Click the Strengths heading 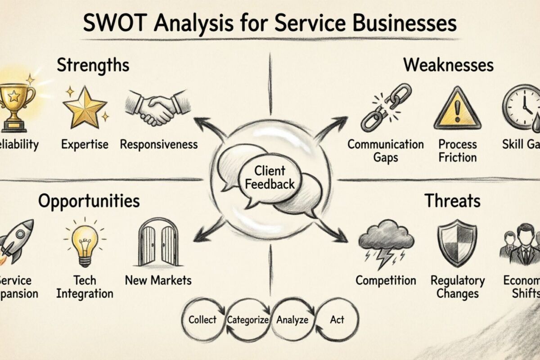point(93,65)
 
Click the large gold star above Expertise point(85,107)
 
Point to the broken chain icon point(386,107)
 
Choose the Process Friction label point(458,151)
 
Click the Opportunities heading point(89,201)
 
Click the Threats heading point(452,201)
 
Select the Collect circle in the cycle point(202,320)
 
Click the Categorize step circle point(248,320)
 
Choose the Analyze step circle point(292,320)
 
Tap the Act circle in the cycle point(337,320)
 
